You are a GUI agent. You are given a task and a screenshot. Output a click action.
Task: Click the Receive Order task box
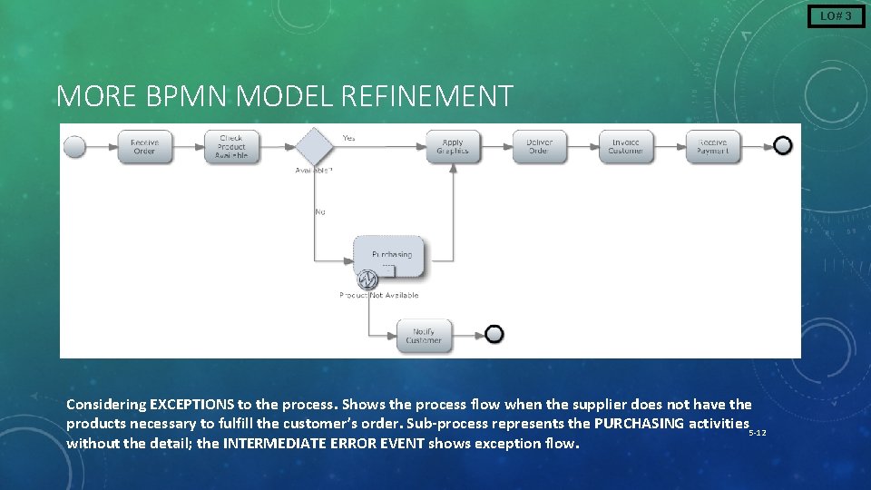coord(144,146)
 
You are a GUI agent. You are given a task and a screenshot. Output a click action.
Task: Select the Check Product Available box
coord(230,146)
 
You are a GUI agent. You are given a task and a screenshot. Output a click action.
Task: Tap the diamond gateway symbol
coord(313,145)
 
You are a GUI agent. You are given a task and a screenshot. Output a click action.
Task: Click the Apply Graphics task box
coord(452,146)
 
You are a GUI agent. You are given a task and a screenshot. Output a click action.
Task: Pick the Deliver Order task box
coord(538,146)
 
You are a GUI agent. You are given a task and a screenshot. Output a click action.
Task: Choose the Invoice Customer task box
coord(625,146)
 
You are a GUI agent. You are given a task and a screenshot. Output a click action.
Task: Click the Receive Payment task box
coord(712,146)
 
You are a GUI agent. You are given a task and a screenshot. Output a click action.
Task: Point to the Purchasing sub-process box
coord(391,257)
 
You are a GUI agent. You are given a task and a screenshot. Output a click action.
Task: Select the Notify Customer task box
coord(424,336)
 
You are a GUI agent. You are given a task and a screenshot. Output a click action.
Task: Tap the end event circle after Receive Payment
coord(782,146)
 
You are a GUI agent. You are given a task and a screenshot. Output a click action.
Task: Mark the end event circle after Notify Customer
coord(494,335)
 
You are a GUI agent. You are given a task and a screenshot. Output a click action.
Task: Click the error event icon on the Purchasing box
coord(367,279)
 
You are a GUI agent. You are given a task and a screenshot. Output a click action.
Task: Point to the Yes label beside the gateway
coord(348,138)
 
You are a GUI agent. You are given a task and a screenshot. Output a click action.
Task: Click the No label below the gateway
coord(320,211)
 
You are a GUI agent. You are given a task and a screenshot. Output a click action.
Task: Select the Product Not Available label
coord(379,295)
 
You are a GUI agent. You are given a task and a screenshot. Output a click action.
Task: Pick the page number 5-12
coord(758,433)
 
